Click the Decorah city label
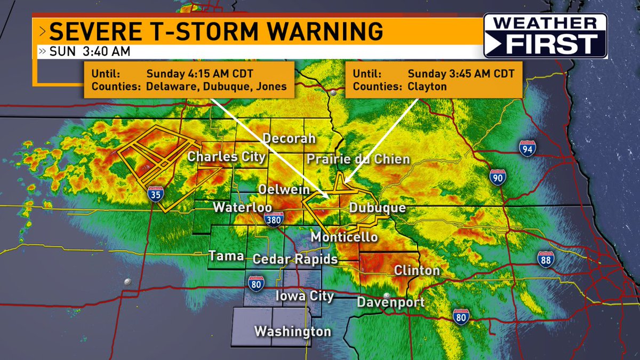tap(290, 139)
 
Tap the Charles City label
tap(226, 157)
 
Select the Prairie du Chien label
tap(358, 159)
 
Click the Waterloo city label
tap(243, 207)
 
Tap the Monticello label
tap(344, 237)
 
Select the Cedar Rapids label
tap(295, 259)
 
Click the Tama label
tap(226, 256)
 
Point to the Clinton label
tap(417, 270)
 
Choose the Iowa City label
tap(305, 296)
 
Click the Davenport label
tap(390, 302)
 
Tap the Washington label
tap(292, 331)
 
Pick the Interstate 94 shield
tap(527, 149)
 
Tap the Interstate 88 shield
tap(545, 259)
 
